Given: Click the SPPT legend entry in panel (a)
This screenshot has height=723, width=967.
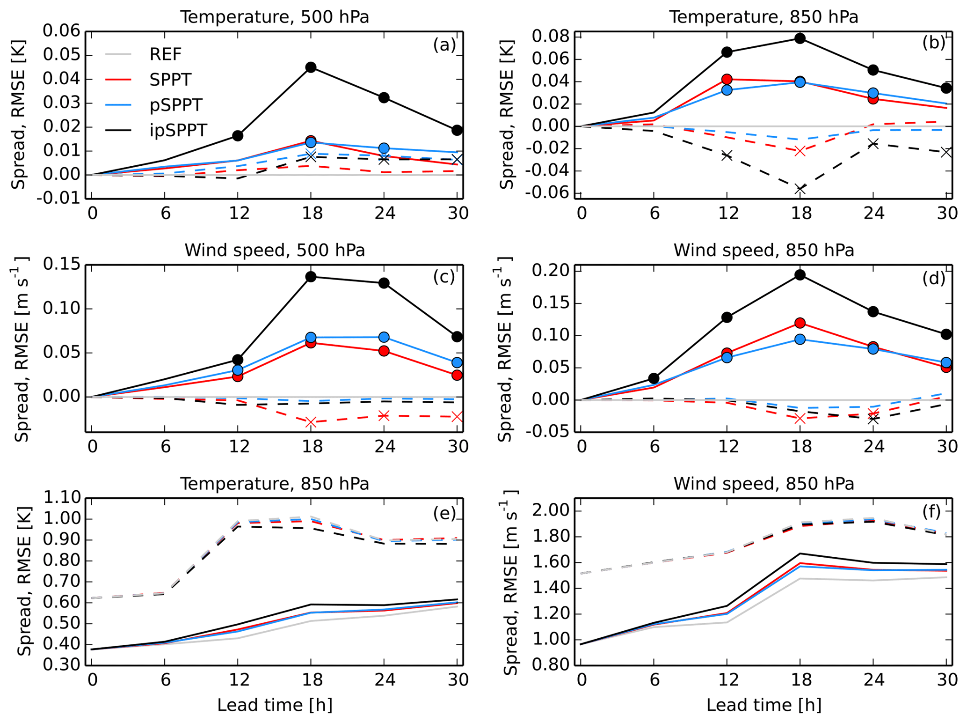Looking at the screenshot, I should pyautogui.click(x=170, y=80).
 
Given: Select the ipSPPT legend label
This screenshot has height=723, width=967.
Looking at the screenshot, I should pyautogui.click(x=178, y=130).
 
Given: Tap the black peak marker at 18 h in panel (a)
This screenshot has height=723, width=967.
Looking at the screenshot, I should pyautogui.click(x=311, y=67).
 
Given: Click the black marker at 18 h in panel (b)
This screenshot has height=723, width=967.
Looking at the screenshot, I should pyautogui.click(x=800, y=38).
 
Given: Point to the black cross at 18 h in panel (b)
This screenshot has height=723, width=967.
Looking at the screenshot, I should pyautogui.click(x=800, y=189).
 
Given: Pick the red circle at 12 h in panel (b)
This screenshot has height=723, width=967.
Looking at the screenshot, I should pyautogui.click(x=727, y=79).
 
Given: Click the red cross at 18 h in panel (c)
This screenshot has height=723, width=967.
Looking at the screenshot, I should pyautogui.click(x=311, y=422).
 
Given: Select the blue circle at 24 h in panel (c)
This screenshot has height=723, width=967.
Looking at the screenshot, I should pyautogui.click(x=384, y=337).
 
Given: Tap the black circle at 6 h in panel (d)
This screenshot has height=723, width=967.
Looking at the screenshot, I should pyautogui.click(x=654, y=378).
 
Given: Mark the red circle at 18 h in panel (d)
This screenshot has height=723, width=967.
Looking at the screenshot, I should pyautogui.click(x=800, y=323).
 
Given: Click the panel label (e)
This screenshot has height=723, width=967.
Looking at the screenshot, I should pyautogui.click(x=444, y=513).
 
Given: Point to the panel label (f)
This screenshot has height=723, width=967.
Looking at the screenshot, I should pyautogui.click(x=931, y=511).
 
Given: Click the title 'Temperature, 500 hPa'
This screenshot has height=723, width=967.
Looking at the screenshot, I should pyautogui.click(x=275, y=17).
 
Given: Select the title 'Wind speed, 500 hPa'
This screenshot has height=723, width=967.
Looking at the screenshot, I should pyautogui.click(x=275, y=250).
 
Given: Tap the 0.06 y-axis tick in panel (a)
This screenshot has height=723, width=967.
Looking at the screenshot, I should pyautogui.click(x=61, y=31).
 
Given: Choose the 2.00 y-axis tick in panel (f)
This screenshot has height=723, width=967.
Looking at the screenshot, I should pyautogui.click(x=551, y=511).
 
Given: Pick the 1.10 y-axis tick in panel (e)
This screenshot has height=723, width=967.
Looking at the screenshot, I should pyautogui.click(x=61, y=497).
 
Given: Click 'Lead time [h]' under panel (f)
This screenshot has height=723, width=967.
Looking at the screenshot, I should pyautogui.click(x=763, y=705).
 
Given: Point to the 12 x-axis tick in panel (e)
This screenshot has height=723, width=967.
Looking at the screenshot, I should pyautogui.click(x=239, y=679).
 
